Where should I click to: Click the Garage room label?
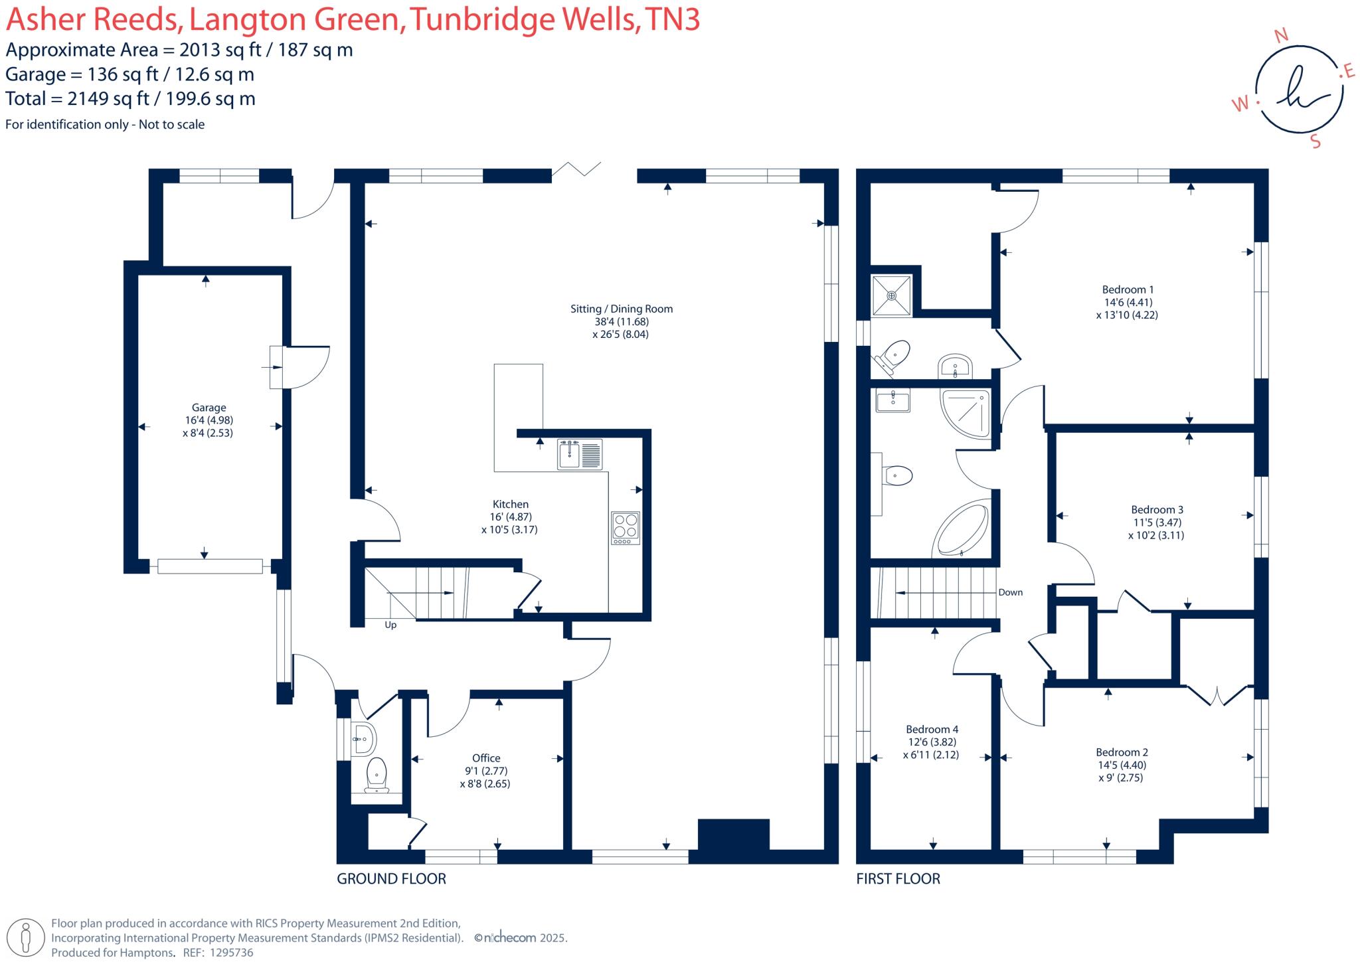pyautogui.click(x=209, y=408)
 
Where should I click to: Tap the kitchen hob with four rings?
pyautogui.click(x=625, y=528)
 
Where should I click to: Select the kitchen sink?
pyautogui.click(x=580, y=455)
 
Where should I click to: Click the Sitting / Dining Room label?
pyautogui.click(x=621, y=309)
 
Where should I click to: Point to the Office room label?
pyautogui.click(x=486, y=758)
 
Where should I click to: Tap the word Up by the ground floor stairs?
pyautogui.click(x=390, y=625)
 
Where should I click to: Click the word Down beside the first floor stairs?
pyautogui.click(x=1010, y=592)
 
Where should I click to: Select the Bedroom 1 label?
pyautogui.click(x=1128, y=289)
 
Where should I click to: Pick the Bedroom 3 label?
pyautogui.click(x=1157, y=510)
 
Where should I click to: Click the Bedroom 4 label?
pyautogui.click(x=932, y=729)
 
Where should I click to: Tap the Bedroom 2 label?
pyautogui.click(x=1122, y=752)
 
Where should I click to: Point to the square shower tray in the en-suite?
pyautogui.click(x=892, y=295)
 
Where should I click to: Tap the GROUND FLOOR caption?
pyautogui.click(x=391, y=879)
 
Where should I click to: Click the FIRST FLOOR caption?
pyautogui.click(x=898, y=879)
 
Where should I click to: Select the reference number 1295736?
pyautogui.click(x=231, y=953)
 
